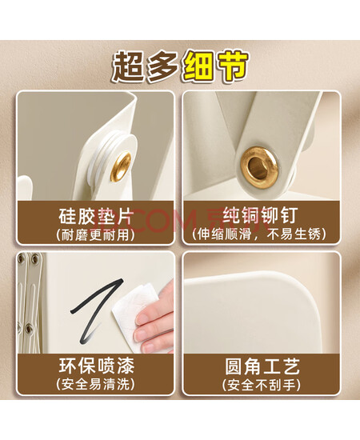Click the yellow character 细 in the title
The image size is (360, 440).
(x=199, y=67)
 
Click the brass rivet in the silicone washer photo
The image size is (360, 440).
(x=121, y=166)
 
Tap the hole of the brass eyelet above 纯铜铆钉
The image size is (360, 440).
(x=258, y=166)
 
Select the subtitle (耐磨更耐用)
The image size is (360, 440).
(x=95, y=234)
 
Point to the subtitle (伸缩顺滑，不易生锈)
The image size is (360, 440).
(x=259, y=234)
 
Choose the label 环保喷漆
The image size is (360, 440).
(x=97, y=366)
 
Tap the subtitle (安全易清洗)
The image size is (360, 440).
(x=95, y=384)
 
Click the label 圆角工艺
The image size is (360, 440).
(x=262, y=366)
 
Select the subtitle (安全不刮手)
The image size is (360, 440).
(x=262, y=385)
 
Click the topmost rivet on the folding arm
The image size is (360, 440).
(x=35, y=258)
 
